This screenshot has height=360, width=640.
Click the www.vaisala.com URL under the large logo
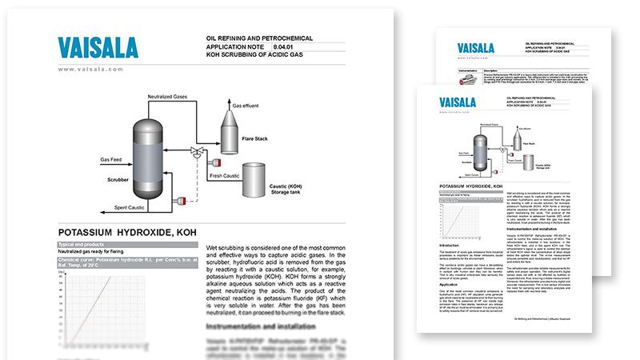(90, 70)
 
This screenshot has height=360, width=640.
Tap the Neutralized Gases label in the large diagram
(171, 96)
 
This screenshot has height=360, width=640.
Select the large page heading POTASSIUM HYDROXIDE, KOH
(129, 231)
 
